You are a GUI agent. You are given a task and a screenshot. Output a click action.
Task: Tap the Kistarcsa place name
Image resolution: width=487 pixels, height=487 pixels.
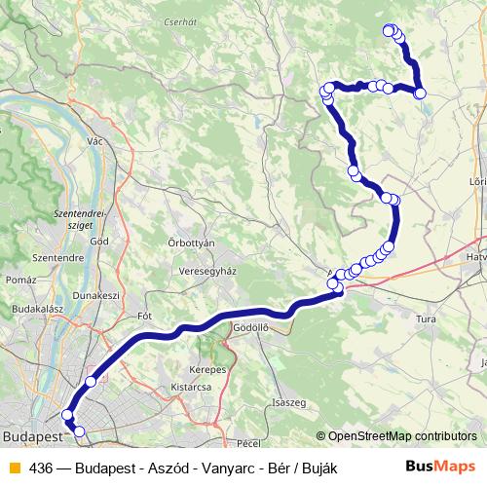[191, 387]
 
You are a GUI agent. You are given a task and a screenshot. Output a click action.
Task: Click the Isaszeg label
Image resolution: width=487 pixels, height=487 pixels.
[289, 402]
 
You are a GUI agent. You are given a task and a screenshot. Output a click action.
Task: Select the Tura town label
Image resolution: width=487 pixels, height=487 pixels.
[426, 318]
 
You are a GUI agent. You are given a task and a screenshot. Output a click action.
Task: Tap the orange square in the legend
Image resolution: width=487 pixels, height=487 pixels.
[14, 468]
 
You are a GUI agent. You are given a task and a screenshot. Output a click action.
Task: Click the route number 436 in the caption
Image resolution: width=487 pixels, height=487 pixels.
[41, 468]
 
